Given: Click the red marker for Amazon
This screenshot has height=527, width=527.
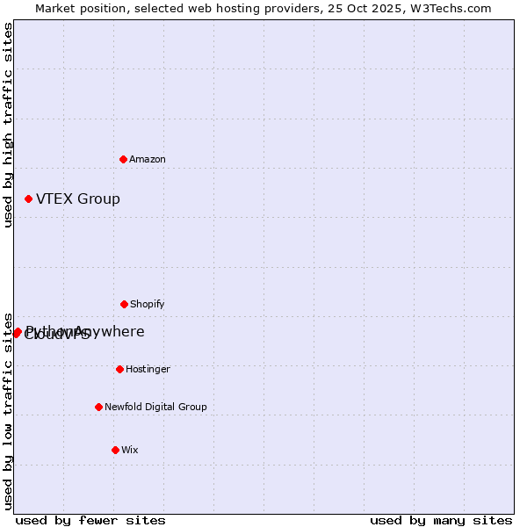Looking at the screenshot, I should (124, 159).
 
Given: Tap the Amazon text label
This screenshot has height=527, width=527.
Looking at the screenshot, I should (148, 159).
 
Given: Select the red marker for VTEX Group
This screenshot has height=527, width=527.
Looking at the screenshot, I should (28, 199).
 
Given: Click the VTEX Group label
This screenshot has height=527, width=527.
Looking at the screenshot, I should (78, 199).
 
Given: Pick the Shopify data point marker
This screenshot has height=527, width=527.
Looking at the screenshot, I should (124, 304).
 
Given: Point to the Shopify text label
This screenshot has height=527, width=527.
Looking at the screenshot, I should (148, 304).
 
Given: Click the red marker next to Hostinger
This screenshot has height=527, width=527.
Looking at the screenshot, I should (119, 369).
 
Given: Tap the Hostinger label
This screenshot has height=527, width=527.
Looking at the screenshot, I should (148, 369).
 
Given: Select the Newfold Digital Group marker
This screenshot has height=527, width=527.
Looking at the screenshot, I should (98, 407).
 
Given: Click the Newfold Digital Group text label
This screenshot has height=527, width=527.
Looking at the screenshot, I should (155, 407).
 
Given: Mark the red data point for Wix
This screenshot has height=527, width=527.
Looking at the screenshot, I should (115, 450).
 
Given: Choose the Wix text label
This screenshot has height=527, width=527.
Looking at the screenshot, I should (130, 450).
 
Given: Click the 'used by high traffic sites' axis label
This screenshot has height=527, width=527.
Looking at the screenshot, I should (8, 125).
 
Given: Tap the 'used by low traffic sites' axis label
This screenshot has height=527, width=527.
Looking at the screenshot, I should (8, 411).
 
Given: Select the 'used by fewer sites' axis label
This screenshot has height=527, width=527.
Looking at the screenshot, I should (90, 520).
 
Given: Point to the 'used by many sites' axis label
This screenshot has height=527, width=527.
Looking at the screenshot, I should (441, 520).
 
